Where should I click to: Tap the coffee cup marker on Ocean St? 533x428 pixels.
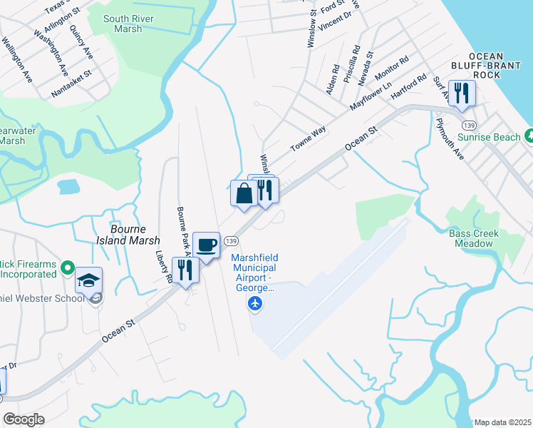pos(207,245)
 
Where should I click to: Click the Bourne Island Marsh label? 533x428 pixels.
pos(128,235)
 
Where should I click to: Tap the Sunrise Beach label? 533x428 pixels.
pos(489,136)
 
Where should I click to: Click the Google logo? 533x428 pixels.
pos(24,419)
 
